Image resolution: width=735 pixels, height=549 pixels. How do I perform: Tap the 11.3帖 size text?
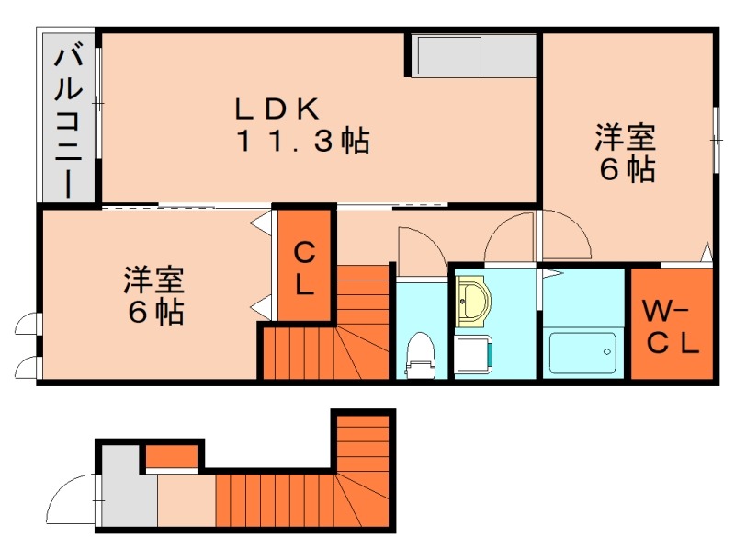pos(302,142)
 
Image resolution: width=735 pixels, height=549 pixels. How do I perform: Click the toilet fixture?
pos(420,354)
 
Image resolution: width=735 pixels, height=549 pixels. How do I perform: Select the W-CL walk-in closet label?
pos(671,326)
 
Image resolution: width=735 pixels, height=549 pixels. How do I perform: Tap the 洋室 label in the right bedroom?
pos(625,139)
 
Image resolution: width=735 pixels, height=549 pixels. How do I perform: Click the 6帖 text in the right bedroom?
pos(627,170)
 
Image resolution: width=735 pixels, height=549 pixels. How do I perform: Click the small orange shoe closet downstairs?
pos(173,455)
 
